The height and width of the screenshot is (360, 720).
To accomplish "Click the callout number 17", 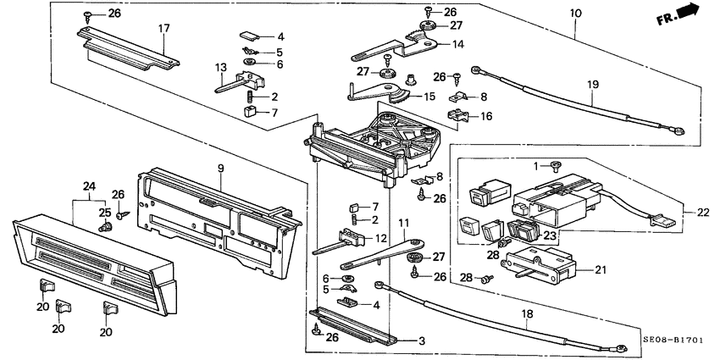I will pos(163,29).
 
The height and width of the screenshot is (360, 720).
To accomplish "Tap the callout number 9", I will pos(220,169).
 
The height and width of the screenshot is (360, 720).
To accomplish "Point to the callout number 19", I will pos(592,85).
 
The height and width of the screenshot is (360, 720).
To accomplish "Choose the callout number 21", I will pos(602,270).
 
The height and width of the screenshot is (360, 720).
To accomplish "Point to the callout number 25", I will pos(105,212).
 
